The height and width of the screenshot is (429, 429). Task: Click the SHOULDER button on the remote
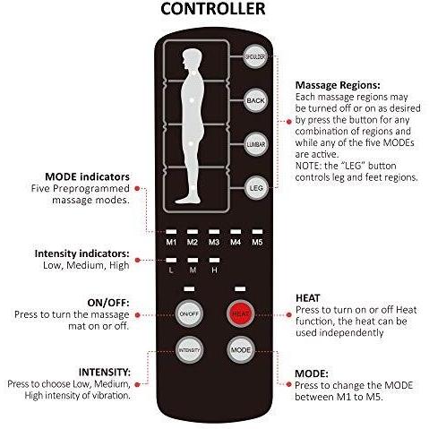(254, 56)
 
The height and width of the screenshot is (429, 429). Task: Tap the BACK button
(255, 100)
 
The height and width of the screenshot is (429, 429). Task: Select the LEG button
(256, 188)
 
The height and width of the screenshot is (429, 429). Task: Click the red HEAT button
(240, 313)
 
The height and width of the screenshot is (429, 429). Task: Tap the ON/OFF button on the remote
(189, 313)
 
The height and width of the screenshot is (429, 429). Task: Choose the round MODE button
(241, 350)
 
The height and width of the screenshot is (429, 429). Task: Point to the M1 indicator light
(171, 232)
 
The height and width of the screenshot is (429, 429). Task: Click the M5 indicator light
(257, 232)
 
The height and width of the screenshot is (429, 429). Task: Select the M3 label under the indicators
(214, 242)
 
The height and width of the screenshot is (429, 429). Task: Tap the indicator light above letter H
(214, 261)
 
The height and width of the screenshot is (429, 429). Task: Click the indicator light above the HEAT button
(240, 289)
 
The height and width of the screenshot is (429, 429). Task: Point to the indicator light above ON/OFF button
(189, 289)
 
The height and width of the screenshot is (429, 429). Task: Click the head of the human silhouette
(190, 59)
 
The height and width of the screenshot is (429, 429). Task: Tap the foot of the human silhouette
(187, 200)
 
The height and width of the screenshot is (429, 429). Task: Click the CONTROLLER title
(213, 9)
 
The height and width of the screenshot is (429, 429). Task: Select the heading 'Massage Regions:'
(338, 85)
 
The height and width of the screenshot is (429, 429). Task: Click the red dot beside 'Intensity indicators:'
(137, 261)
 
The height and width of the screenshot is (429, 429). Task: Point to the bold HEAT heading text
(308, 298)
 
